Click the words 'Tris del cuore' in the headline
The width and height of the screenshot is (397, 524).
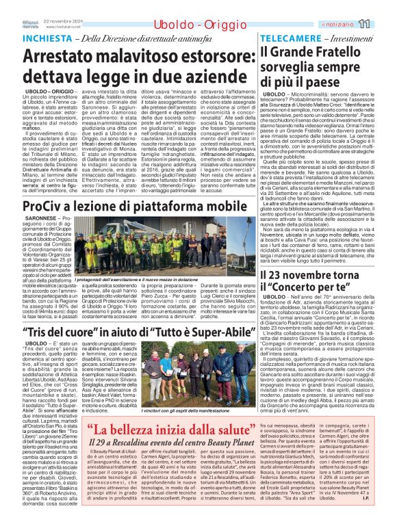[67, 330]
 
